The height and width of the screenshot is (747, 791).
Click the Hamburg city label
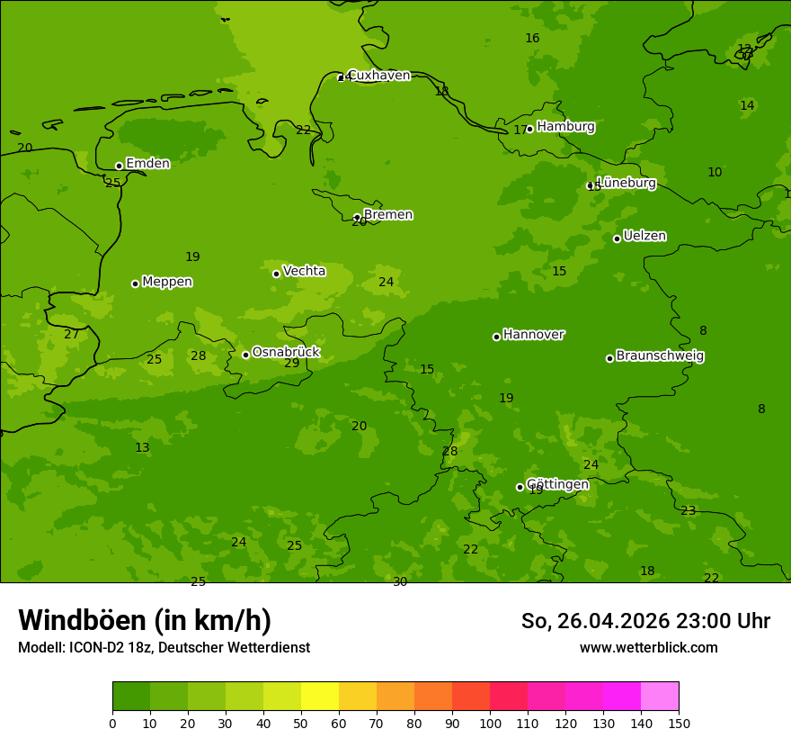[565, 127]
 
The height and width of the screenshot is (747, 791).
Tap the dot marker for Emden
[119, 166]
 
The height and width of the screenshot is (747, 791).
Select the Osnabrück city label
[285, 352]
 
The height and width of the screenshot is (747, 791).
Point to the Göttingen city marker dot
[520, 487]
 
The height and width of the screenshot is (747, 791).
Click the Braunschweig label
[660, 355]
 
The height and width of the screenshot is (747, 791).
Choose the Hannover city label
[533, 335]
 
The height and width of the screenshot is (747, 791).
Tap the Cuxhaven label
[378, 75]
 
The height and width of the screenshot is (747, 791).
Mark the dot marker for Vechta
[276, 274]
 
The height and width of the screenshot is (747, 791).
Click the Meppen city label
[167, 282]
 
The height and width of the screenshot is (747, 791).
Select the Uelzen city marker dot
[617, 238]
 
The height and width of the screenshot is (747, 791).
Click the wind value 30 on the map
[400, 582]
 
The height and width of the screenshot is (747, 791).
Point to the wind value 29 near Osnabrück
[292, 364]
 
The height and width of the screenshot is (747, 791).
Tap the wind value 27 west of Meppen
[71, 335]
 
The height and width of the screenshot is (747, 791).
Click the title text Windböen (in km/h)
[145, 620]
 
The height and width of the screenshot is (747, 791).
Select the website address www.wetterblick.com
[648, 648]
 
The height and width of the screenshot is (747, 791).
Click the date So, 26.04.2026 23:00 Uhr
[645, 621]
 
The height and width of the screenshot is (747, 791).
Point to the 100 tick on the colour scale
[490, 723]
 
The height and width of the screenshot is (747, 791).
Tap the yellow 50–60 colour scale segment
[320, 697]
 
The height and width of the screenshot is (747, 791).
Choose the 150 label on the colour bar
[679, 723]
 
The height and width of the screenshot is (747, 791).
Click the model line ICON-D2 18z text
[164, 648]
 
